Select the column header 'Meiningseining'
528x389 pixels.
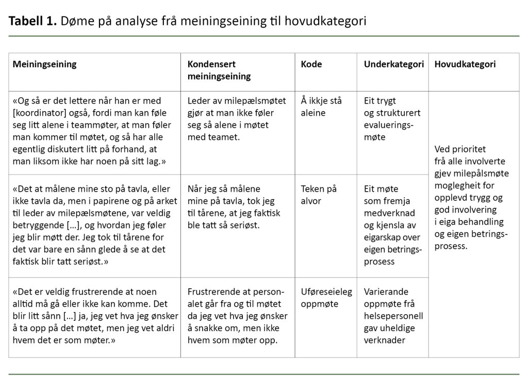44,65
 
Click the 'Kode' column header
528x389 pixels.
311,65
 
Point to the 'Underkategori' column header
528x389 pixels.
393,65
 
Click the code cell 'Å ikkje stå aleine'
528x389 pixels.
321,107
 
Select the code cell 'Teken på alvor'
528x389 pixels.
318,195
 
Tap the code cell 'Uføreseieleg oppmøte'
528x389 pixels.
326,298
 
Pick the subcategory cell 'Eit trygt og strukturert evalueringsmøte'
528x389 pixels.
392,119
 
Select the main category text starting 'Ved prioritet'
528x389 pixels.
471,197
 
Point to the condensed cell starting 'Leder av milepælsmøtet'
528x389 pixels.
230,119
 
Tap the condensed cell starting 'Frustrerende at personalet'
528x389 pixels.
237,316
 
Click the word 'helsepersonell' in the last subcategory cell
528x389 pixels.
393,316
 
